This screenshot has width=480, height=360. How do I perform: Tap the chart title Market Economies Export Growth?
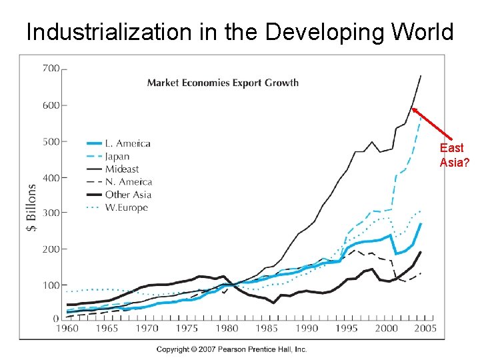click(223, 83)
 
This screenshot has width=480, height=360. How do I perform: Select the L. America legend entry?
click(128, 143)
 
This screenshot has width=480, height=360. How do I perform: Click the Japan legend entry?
click(117, 157)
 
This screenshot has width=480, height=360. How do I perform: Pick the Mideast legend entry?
click(122, 169)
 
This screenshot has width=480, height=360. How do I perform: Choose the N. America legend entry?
click(128, 181)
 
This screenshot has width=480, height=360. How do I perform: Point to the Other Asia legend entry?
click(128, 195)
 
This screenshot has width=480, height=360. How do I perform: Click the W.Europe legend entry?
click(127, 207)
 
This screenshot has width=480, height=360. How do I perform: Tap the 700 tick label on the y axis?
click(51, 68)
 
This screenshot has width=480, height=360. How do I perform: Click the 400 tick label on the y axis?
click(51, 177)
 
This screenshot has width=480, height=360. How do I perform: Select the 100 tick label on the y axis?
click(51, 285)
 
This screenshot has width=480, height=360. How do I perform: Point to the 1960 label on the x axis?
click(67, 328)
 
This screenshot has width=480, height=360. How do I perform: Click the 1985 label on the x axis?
click(267, 328)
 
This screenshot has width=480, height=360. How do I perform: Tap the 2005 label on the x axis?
click(425, 328)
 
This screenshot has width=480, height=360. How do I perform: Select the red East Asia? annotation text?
click(451, 155)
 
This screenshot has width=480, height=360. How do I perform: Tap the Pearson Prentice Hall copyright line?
click(231, 349)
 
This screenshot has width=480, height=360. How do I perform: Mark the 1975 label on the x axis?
click(187, 328)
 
